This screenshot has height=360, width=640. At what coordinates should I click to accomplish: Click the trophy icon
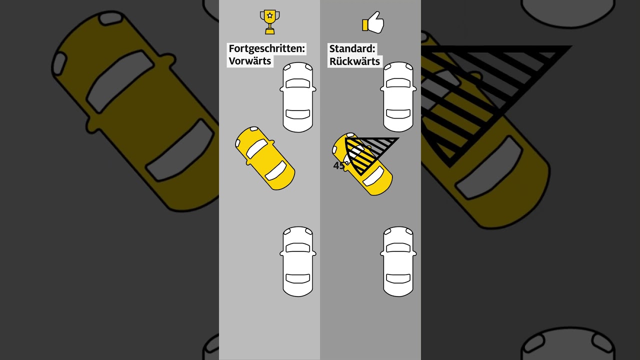pyautogui.click(x=269, y=22)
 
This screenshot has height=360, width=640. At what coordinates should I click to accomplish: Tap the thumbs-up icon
pyautogui.click(x=373, y=22)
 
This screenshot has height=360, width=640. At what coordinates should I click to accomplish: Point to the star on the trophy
pyautogui.click(x=269, y=15)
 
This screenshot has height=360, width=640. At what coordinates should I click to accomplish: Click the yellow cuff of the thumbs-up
pyautogui.click(x=365, y=25)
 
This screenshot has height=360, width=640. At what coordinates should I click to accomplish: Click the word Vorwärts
pyautogui.click(x=250, y=61)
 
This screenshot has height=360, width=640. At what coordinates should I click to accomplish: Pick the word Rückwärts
pyautogui.click(x=354, y=61)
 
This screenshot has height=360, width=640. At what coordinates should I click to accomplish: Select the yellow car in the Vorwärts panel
pyautogui.click(x=265, y=158)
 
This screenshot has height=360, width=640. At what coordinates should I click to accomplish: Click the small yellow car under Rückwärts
pyautogui.click(x=362, y=164)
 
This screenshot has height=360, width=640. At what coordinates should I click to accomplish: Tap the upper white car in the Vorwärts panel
pyautogui.click(x=298, y=97)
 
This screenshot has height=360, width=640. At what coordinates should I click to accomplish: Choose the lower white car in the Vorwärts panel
pyautogui.click(x=298, y=261)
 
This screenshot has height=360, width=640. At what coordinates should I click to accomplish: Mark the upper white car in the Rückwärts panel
pyautogui.click(x=398, y=97)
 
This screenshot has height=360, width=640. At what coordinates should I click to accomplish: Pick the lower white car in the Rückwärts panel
pyautogui.click(x=398, y=261)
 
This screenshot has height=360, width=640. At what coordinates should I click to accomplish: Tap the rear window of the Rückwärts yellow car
pyautogui.click(x=373, y=176)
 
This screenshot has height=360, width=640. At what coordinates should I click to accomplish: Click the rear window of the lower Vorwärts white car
pyautogui.click(x=298, y=278)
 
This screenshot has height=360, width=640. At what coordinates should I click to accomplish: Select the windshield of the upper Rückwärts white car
pyautogui.click(x=398, y=83)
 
